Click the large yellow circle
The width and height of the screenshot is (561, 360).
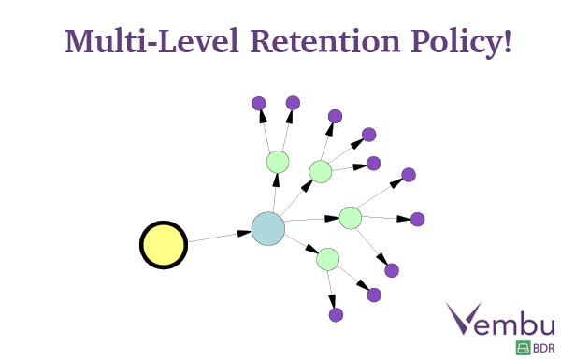(x=164, y=245)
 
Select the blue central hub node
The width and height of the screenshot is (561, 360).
(x=267, y=229)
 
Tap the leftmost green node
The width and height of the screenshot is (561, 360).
(x=277, y=162)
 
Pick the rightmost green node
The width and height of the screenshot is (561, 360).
(x=350, y=217)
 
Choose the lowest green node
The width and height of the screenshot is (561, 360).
(x=327, y=258)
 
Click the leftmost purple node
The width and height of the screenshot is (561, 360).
(x=259, y=103)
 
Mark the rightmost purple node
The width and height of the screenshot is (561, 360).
(x=418, y=220)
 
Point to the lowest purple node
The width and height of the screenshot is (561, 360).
(x=336, y=314)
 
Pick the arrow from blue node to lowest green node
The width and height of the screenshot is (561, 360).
(x=305, y=247)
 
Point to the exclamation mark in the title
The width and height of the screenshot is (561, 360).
(x=507, y=42)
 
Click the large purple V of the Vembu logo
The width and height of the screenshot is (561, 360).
(x=466, y=319)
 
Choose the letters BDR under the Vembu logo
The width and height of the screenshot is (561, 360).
(x=543, y=349)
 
